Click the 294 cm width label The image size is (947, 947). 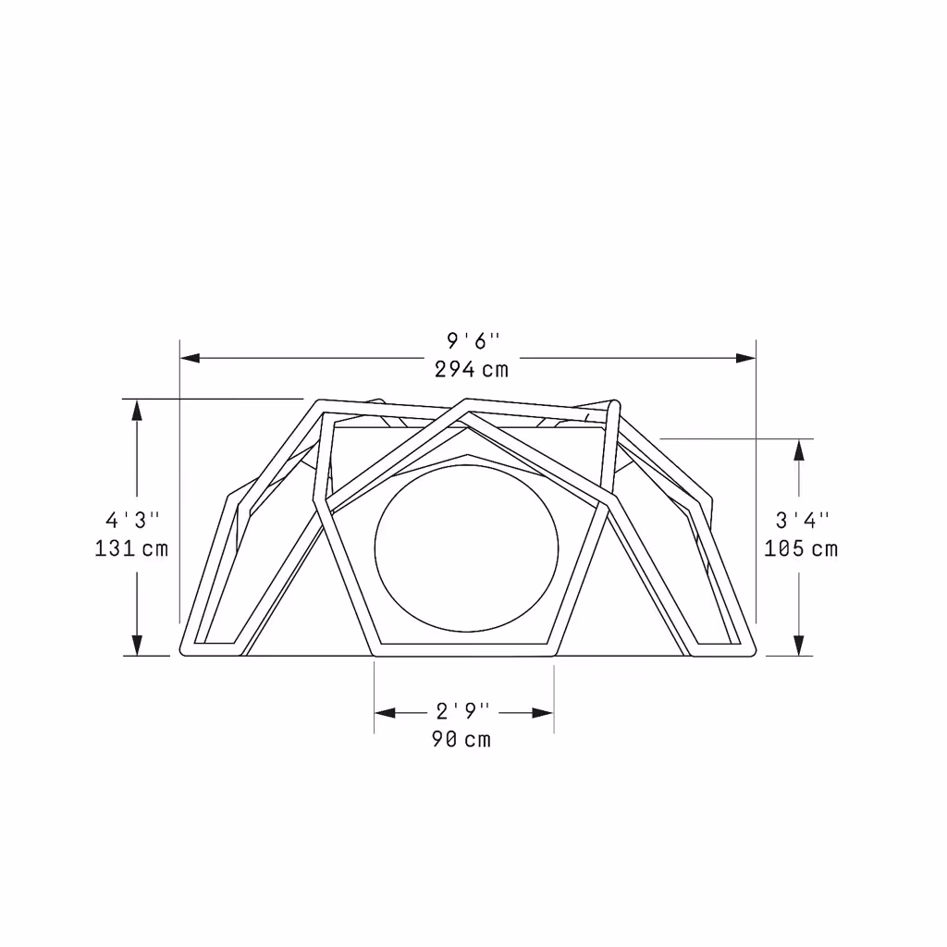[x=472, y=369]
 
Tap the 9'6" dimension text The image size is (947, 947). [x=473, y=341]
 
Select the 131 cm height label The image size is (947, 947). [x=131, y=548]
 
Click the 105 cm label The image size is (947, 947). [x=801, y=548]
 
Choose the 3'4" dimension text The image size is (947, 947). [x=802, y=520]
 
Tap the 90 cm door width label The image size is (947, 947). [x=461, y=739]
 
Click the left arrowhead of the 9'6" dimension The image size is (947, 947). [x=190, y=358]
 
